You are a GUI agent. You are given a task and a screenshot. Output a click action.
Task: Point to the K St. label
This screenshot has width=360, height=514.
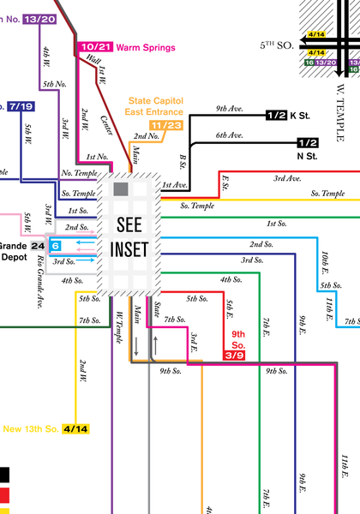301,115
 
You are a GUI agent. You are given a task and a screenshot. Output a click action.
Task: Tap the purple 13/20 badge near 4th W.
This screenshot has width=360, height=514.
40,19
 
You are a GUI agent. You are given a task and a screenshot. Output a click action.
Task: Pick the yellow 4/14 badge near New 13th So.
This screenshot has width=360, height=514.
75,428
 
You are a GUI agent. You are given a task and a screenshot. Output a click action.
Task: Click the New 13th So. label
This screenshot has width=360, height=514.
30,428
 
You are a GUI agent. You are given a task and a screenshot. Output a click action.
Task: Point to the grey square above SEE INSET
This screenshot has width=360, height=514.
121,188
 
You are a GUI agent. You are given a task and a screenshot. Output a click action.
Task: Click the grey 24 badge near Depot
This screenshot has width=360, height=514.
37,245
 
